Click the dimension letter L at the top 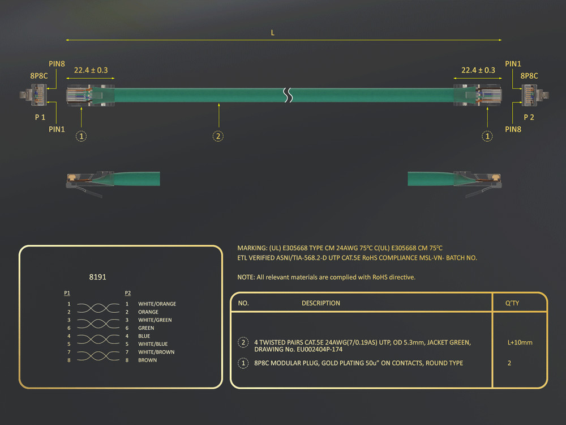tap(273, 33)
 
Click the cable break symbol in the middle tap(289, 95)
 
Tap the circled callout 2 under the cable tap(218, 136)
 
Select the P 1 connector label tap(40, 117)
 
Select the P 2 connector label tap(529, 117)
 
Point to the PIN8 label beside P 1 tap(57, 64)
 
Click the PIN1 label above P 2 tap(513, 64)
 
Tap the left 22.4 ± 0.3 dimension tap(91, 70)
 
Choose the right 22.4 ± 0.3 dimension tap(478, 70)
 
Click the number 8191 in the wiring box tap(98, 277)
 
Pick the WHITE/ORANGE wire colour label tap(157, 304)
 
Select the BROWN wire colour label tap(148, 360)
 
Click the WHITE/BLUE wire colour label tap(152, 344)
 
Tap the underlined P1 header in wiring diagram tap(67, 293)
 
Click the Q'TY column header tap(512, 303)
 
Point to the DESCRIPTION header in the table tap(320, 303)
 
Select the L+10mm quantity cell tap(520, 342)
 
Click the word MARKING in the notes tap(251, 248)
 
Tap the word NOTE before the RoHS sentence tap(246, 277)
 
